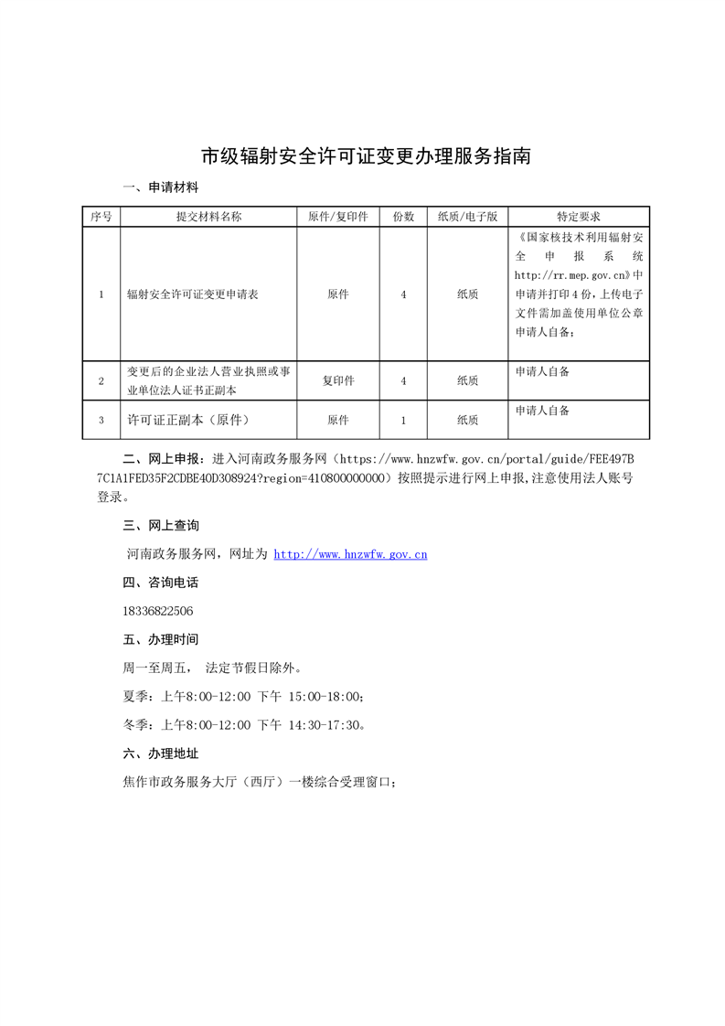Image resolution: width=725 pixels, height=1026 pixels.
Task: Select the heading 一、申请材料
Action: click(x=160, y=187)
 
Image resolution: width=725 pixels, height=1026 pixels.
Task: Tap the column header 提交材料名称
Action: click(x=208, y=217)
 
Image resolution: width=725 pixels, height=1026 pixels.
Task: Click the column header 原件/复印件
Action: click(x=337, y=217)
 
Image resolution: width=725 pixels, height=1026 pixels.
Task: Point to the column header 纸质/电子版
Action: click(x=467, y=217)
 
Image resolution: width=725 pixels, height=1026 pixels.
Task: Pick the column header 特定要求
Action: click(x=579, y=217)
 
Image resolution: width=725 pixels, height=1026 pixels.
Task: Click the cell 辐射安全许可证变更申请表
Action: click(x=193, y=294)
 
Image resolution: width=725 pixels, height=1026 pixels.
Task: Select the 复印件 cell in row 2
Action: click(x=337, y=380)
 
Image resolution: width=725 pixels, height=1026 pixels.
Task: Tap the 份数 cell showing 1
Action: click(x=403, y=420)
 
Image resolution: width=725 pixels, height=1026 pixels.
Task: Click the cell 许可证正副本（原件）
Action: click(x=188, y=420)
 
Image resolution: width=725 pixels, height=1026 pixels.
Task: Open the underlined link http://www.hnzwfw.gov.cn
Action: click(x=351, y=554)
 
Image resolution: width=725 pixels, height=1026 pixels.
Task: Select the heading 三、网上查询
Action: click(x=160, y=526)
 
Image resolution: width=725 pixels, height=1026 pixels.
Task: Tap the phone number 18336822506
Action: click(x=157, y=611)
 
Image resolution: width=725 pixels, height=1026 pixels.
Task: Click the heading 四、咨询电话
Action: click(x=160, y=582)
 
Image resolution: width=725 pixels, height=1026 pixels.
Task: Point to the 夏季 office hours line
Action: click(x=243, y=697)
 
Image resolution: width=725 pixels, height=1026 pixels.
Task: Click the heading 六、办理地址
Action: click(x=160, y=753)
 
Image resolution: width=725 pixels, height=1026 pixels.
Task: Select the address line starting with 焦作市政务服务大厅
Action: click(x=259, y=783)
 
